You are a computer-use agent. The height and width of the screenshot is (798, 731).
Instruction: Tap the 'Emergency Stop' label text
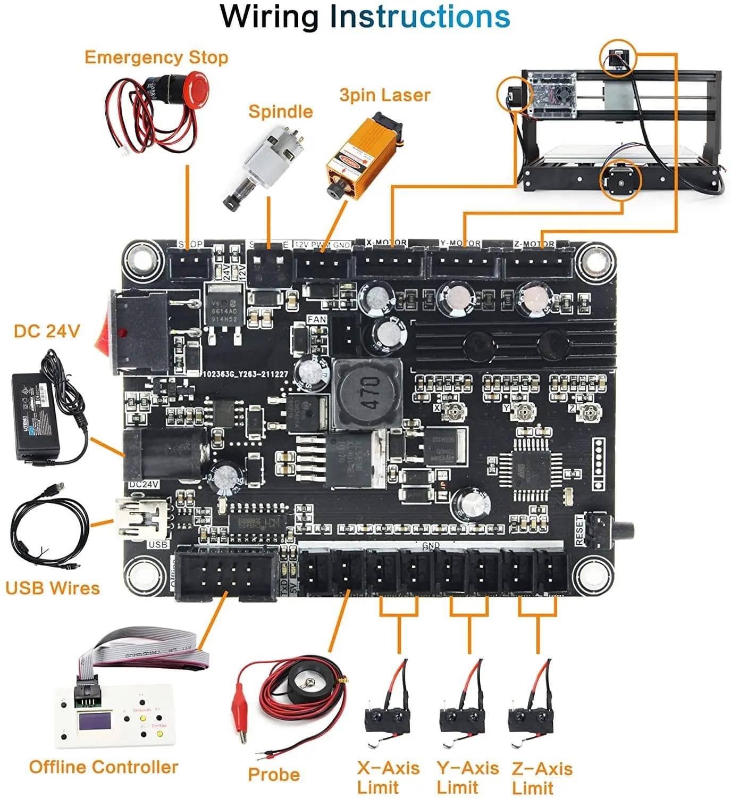[156, 57]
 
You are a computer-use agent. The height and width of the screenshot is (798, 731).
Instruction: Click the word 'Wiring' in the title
[268, 17]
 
